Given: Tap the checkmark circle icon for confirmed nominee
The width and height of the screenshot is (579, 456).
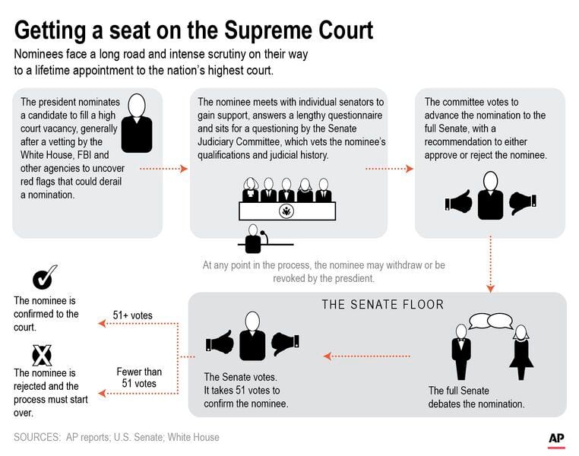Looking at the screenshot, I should (43, 278).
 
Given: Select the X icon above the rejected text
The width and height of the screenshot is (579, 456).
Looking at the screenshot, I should (42, 355).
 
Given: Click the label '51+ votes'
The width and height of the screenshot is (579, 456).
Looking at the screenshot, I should (132, 315).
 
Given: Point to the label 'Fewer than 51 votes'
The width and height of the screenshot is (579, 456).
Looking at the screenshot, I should (139, 378).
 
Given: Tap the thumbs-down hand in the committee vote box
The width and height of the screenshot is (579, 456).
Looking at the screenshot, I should (522, 203).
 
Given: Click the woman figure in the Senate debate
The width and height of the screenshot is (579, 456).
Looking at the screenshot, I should (521, 352).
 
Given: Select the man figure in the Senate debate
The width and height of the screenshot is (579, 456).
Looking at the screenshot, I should (461, 352).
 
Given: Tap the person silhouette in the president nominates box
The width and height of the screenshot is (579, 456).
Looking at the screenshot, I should (137, 124).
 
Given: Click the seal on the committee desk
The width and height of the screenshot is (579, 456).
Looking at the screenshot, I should (287, 212).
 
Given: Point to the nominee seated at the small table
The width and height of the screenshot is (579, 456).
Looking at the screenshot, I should (254, 239).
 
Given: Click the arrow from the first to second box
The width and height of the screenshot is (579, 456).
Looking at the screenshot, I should (164, 169).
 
